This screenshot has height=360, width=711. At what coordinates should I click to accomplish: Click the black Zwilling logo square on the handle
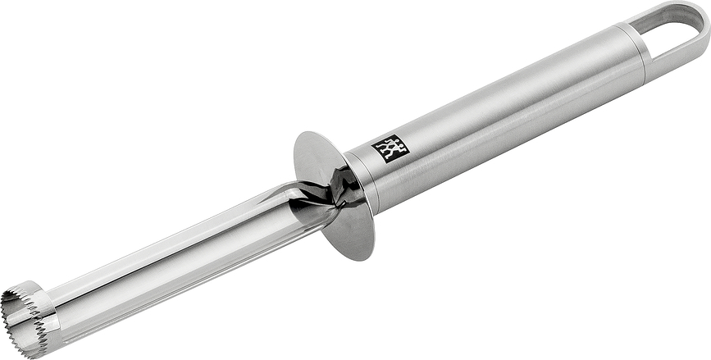point(390,148)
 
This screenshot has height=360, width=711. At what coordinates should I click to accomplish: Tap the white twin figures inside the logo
point(391,149)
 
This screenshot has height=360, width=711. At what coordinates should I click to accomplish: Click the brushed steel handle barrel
point(508,107)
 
